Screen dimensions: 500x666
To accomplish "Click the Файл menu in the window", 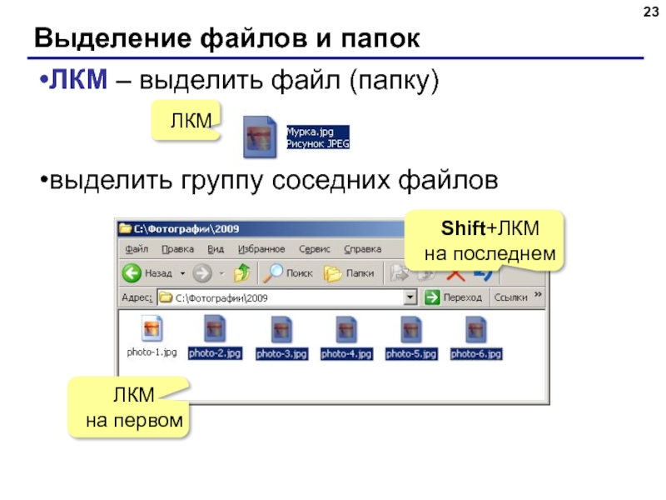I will (137, 249).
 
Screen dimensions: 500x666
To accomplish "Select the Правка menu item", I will (177, 249).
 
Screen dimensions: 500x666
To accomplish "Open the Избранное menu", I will (261, 249).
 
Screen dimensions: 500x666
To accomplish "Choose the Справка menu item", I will (362, 249).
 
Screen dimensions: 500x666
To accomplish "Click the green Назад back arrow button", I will (132, 273).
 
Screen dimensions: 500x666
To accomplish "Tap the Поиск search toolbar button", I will (288, 273).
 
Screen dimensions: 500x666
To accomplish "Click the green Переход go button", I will (432, 297).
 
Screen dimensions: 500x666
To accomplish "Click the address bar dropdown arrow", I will (410, 297).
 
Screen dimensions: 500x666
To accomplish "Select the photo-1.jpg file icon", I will (151, 328).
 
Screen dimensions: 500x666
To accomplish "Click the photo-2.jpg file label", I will (215, 354).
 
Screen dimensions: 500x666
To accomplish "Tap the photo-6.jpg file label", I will (476, 354).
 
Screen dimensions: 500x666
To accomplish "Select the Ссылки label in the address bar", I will (511, 297).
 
